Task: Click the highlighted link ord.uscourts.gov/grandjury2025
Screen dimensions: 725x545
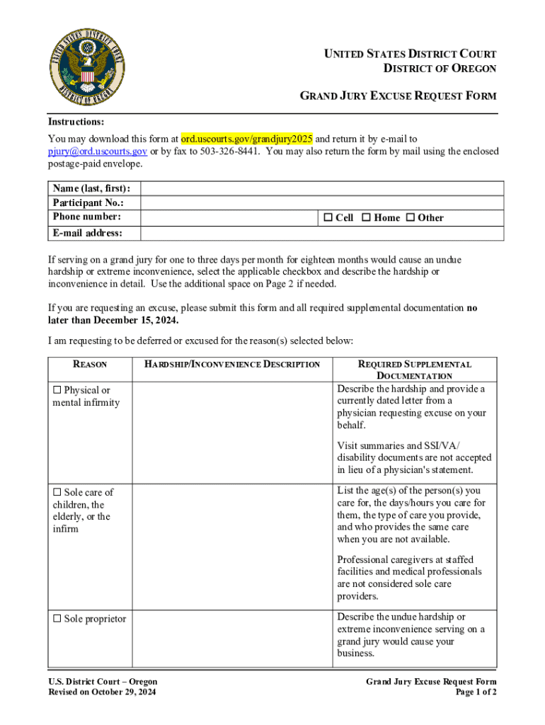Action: coord(246,138)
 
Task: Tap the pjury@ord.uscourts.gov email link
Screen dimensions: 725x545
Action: coord(97,151)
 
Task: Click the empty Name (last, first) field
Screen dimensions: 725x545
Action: coord(321,188)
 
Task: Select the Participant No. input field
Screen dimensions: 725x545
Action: coord(321,202)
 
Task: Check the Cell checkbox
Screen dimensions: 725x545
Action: coord(328,217)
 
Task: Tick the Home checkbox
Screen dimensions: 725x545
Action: coord(366,217)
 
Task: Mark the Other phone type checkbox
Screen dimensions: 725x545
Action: coord(410,217)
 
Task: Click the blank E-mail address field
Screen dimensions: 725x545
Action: coord(321,234)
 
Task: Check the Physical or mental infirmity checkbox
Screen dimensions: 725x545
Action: coord(57,390)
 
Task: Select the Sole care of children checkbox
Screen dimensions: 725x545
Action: coord(57,492)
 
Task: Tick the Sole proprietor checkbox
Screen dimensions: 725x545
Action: coord(57,619)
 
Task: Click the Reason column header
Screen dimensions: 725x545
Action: coord(90,365)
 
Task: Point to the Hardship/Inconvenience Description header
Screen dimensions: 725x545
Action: coord(232,365)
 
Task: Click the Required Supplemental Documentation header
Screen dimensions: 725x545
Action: coord(415,370)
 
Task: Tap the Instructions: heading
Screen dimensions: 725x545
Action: coord(76,122)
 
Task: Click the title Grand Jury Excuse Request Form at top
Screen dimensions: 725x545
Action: coord(398,96)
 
